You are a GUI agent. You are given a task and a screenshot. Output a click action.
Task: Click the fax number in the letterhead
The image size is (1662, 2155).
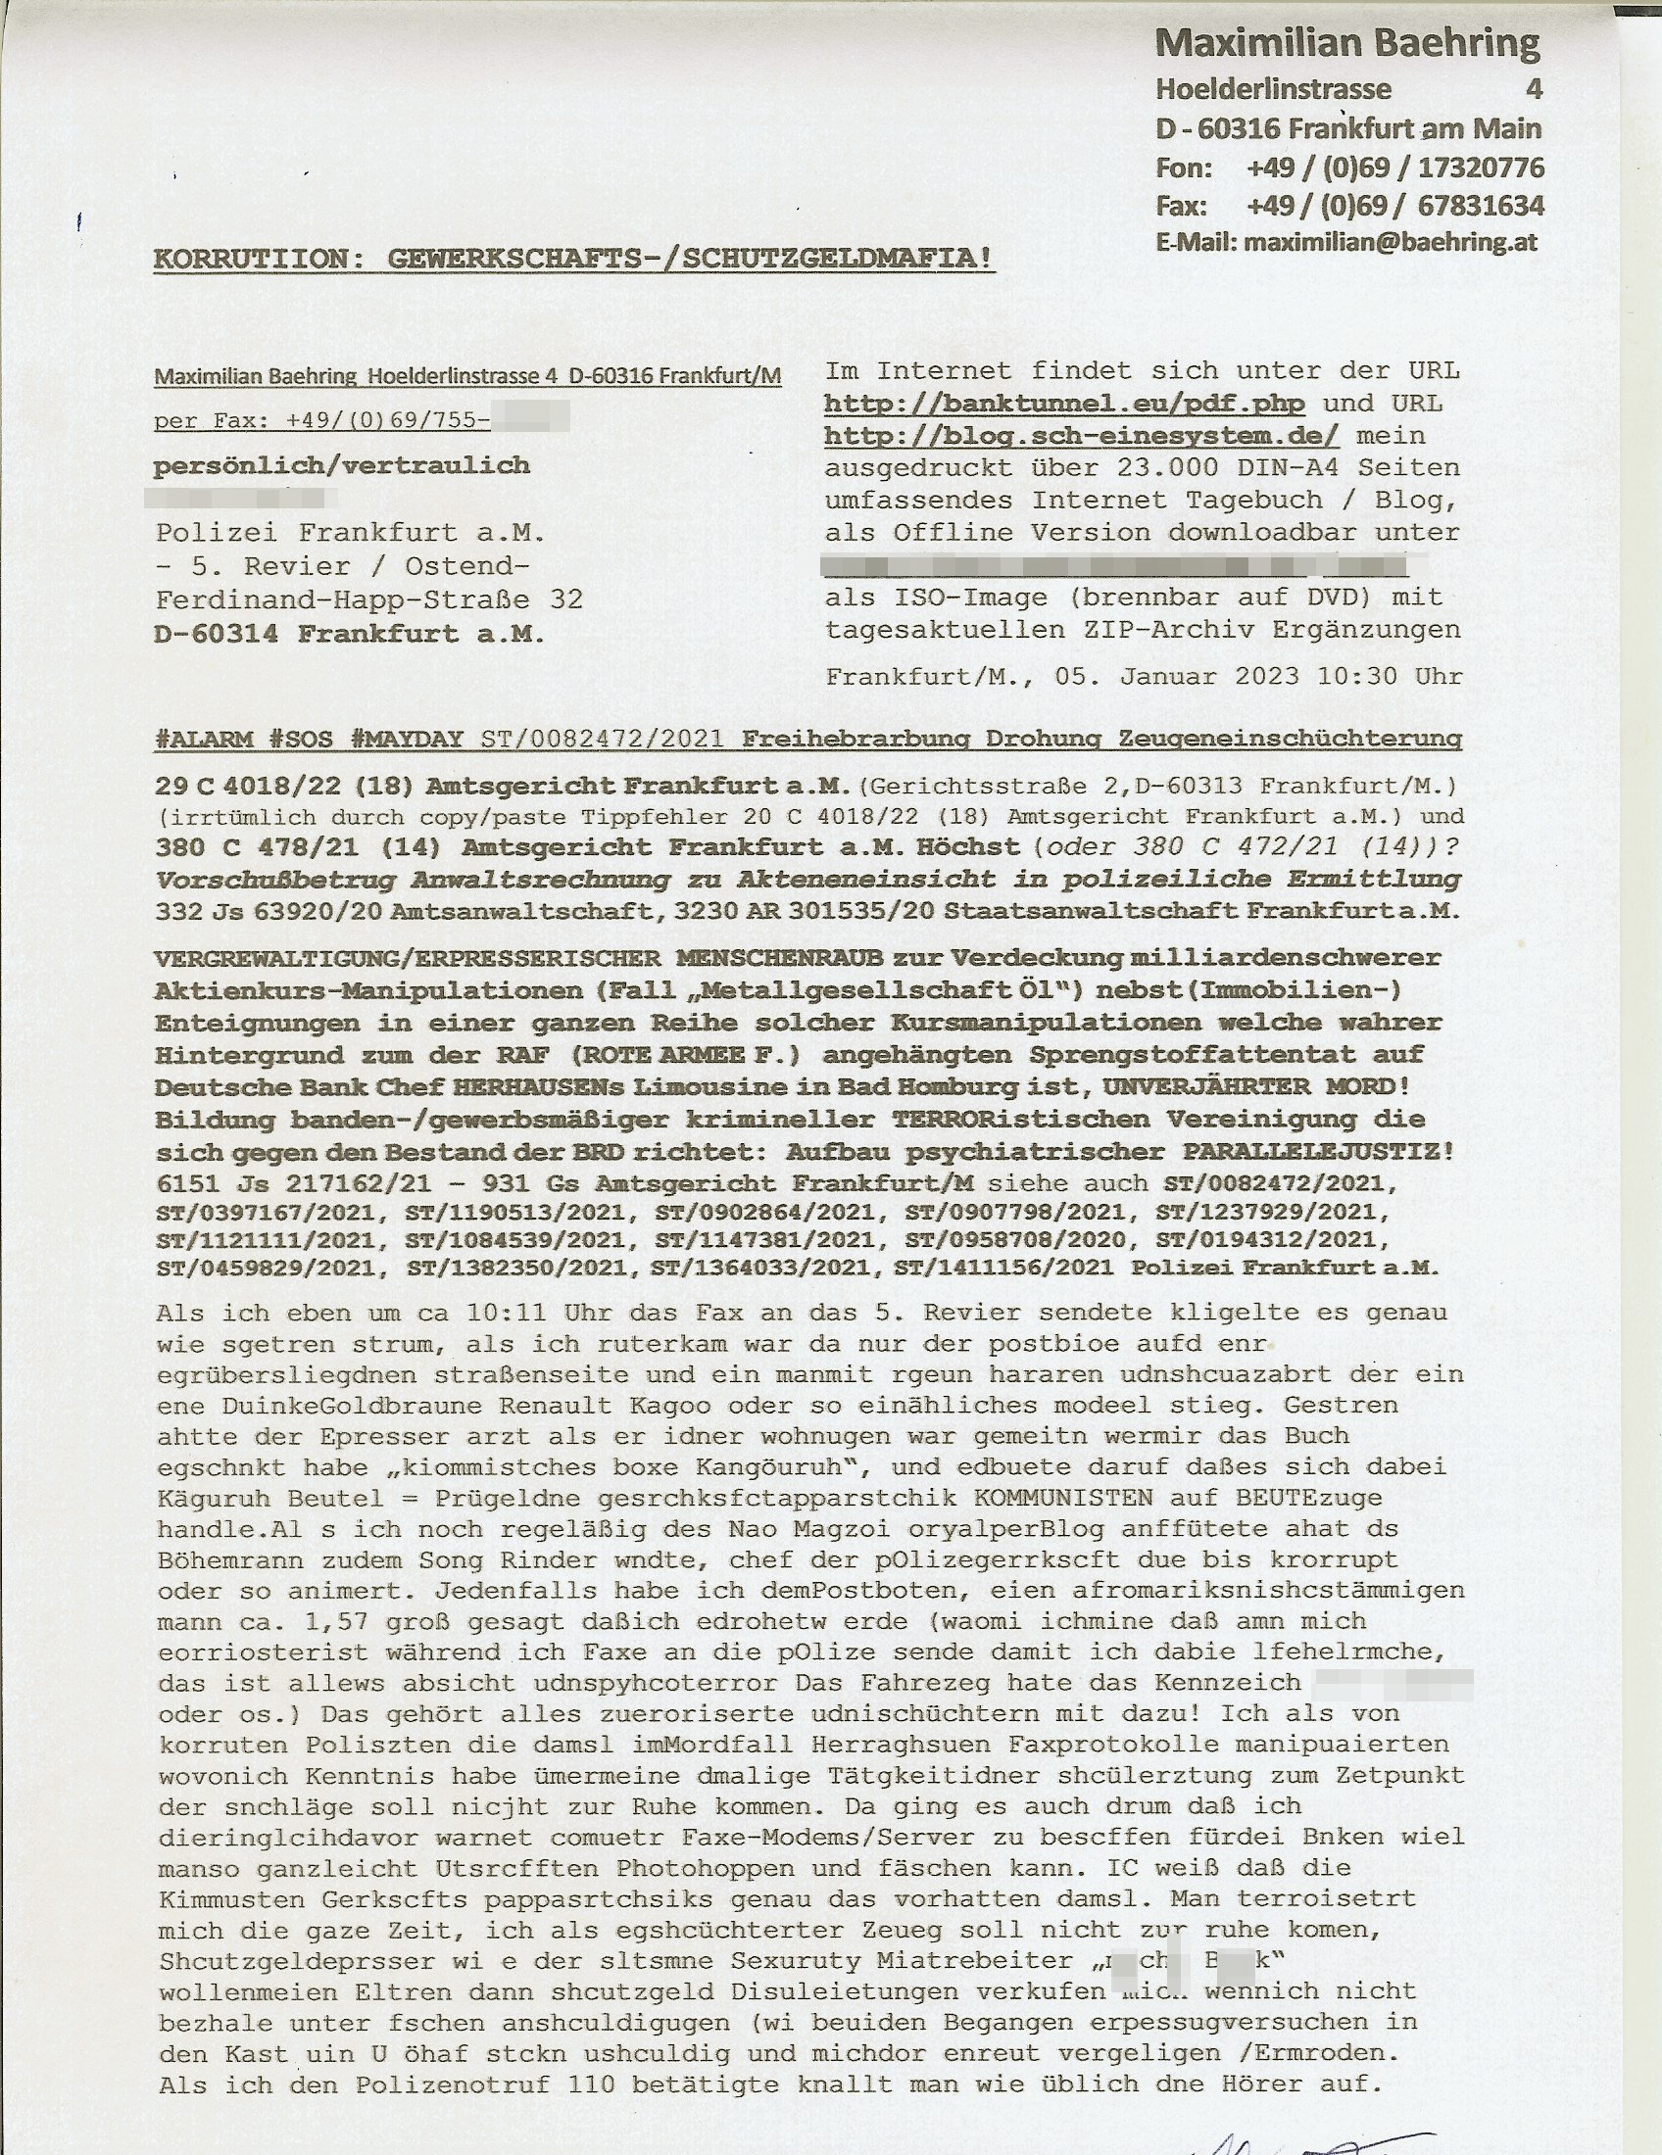[x=1394, y=207]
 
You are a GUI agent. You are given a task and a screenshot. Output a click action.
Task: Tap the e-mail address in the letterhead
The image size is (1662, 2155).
[x=1390, y=243]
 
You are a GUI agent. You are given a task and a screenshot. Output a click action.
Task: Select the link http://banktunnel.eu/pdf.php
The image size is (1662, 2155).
[x=1064, y=404]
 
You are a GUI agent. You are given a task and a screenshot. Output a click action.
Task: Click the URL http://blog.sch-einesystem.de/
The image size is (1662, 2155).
[x=1081, y=436]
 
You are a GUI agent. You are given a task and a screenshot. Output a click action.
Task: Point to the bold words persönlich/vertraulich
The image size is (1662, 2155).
[x=341, y=465]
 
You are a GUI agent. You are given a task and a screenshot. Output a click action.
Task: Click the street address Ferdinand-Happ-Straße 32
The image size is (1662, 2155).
[x=368, y=599]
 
